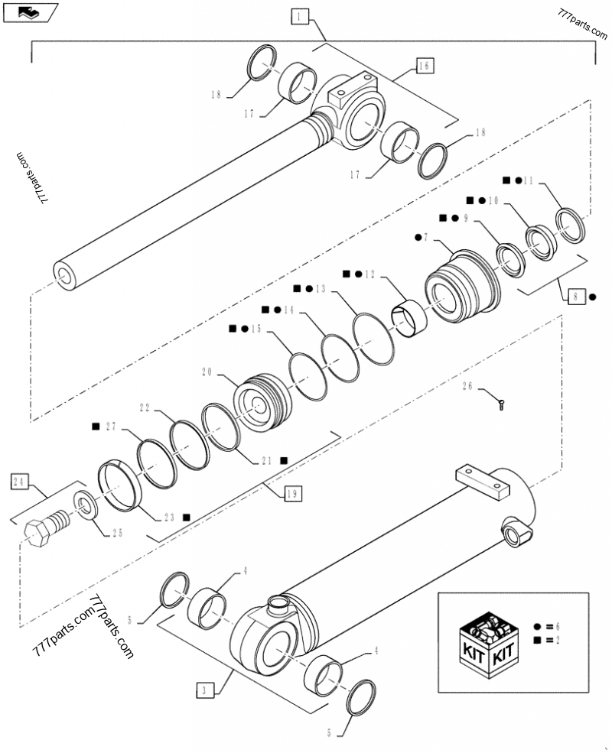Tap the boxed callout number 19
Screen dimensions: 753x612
pos(292,495)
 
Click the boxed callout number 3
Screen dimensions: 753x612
pos(202,691)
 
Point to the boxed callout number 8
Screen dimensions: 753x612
pos(578,294)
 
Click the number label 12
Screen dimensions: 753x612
pos(370,273)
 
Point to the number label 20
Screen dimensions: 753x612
pos(206,373)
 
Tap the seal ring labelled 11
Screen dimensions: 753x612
pos(571,224)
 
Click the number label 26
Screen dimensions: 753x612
pos(468,388)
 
